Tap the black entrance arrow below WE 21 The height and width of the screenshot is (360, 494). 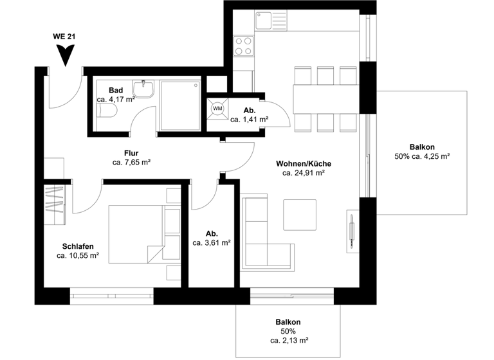64,57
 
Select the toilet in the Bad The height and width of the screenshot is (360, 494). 107,113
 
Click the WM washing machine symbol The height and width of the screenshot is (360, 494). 217,108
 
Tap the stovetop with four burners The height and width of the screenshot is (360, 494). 243,46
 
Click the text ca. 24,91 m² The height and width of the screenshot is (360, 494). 302,172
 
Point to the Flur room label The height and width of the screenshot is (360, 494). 131,153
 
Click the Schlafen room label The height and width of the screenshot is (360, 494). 78,246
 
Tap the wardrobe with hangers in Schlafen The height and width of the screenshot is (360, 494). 55,204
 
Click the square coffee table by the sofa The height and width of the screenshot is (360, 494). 300,215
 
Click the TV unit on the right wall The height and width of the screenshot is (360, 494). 351,230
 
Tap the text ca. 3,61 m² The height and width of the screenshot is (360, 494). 212,243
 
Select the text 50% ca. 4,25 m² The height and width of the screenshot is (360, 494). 421,156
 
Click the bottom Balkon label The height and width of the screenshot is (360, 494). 288,322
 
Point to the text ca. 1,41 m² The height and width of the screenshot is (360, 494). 249,120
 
